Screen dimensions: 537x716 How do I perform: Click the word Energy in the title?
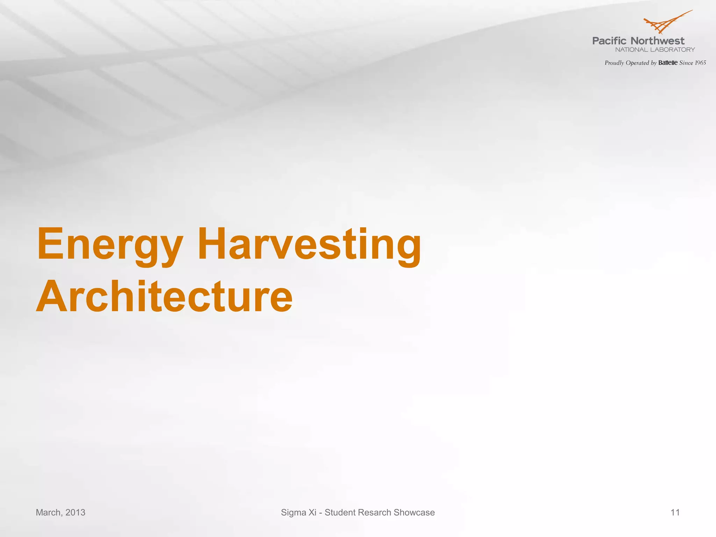click(x=110, y=245)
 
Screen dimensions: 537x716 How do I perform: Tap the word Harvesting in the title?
click(x=309, y=245)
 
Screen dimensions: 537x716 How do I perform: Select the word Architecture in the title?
click(x=164, y=297)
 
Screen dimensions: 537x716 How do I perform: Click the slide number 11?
click(x=675, y=513)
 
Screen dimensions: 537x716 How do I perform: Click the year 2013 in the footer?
click(x=75, y=513)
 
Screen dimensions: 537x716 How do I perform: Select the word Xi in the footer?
click(x=312, y=513)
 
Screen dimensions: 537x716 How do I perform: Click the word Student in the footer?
click(x=340, y=513)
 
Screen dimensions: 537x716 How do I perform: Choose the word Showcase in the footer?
click(x=414, y=513)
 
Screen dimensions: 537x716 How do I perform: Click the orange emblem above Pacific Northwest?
click(x=666, y=22)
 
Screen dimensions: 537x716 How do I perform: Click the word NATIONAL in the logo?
click(x=631, y=50)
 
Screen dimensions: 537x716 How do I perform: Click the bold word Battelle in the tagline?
click(x=668, y=63)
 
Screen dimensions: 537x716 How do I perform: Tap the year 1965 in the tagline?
click(x=700, y=63)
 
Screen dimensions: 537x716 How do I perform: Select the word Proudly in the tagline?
click(x=614, y=63)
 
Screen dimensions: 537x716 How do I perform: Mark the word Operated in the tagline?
click(x=637, y=63)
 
